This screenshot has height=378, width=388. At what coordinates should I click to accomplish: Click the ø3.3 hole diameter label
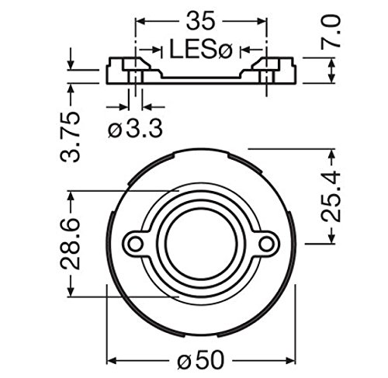pos(136,130)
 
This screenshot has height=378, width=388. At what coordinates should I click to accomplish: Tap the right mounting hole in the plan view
pos(266,244)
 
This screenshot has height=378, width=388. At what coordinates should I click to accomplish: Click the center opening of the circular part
pos(201,243)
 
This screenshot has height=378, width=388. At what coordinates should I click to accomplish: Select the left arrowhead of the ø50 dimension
pos(110,362)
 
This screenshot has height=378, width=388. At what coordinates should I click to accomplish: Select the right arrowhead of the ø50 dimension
pos(293,362)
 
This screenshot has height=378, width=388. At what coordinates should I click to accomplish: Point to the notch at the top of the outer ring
pos(201,148)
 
